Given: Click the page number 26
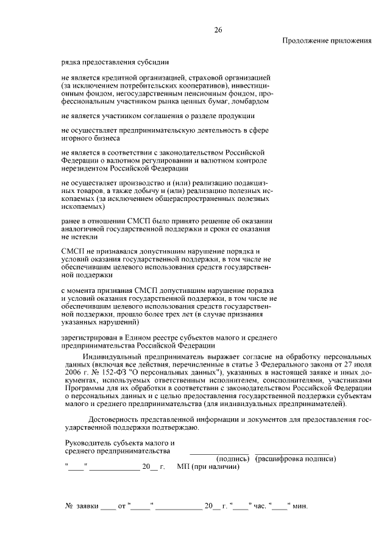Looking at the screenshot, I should click(218, 29).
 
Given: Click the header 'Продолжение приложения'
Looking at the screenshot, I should click(327, 41).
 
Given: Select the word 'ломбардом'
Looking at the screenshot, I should click(249, 101).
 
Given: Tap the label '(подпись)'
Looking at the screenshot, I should click(233, 458).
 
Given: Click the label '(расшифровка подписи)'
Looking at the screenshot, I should click(296, 458).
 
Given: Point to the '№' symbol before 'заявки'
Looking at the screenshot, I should click(69, 507).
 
